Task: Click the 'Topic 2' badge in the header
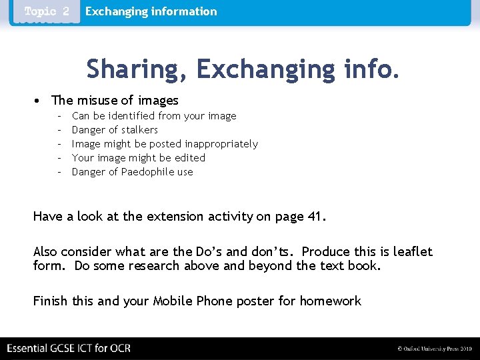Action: (x=47, y=12)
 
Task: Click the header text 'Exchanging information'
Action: (x=151, y=11)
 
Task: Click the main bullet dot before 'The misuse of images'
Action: (x=37, y=101)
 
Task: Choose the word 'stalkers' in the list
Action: (x=139, y=130)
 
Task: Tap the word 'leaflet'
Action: (x=413, y=251)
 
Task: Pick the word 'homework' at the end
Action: (x=330, y=301)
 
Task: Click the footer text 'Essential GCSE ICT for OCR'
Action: (x=69, y=348)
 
